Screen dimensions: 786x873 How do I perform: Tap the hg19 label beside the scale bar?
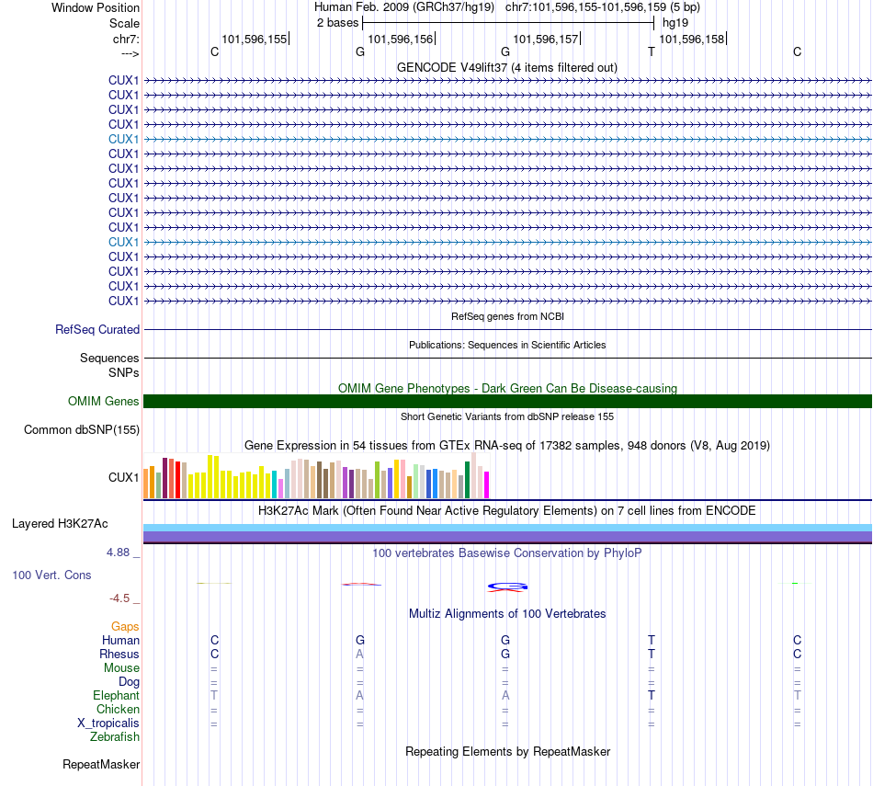675,23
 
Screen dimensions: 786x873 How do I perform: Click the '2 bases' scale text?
338,23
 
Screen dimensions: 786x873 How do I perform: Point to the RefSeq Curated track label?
97,329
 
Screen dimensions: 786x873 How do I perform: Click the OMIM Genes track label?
104,401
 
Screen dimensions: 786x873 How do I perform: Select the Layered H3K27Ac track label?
60,524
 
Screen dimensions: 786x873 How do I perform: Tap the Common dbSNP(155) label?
82,429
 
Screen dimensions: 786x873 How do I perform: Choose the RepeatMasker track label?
101,764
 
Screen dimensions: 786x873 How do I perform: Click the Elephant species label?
116,696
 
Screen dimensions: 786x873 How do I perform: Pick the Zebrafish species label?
115,736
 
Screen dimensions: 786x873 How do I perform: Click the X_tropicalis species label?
108,723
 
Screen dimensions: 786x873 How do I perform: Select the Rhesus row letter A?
360,654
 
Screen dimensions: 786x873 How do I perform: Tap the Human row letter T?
652,640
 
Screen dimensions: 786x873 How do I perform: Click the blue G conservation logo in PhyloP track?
507,586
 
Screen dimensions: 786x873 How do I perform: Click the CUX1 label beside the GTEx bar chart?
123,476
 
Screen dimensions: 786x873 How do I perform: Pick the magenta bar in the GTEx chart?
487,484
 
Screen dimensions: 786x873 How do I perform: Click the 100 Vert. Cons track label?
51,575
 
